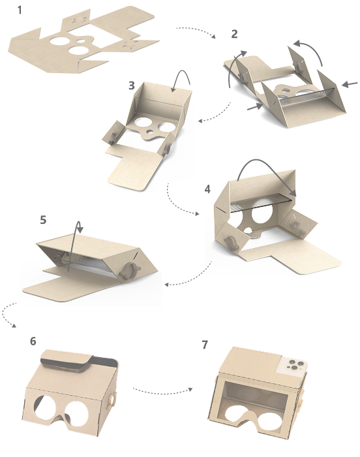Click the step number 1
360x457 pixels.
pyautogui.click(x=20, y=10)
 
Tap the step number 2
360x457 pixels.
pyautogui.click(x=234, y=34)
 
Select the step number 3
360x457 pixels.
pyautogui.click(x=132, y=86)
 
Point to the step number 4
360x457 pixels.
pyautogui.click(x=207, y=189)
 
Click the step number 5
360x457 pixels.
pyautogui.click(x=43, y=220)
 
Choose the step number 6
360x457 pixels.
pyautogui.click(x=33, y=341)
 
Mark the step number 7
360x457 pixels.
pyautogui.click(x=205, y=345)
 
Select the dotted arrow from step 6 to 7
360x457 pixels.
pyautogui.click(x=162, y=391)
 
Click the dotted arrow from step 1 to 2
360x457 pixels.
pyautogui.click(x=196, y=31)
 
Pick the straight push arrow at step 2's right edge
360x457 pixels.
pyautogui.click(x=350, y=84)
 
